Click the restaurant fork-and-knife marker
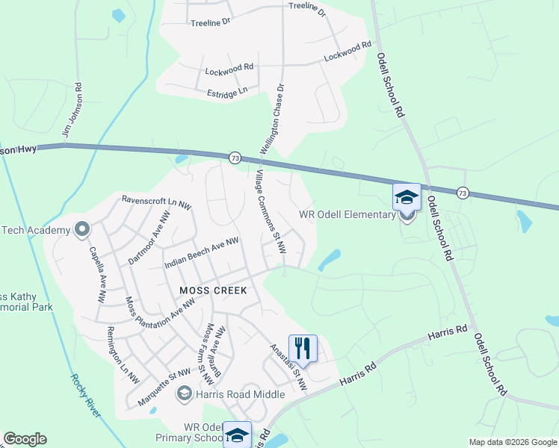303,347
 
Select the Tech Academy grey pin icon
81,228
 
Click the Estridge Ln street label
227,93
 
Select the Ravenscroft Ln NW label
157,201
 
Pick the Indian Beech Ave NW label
202,252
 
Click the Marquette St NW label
164,390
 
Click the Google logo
25,439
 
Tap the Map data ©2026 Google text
513,442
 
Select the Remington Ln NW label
123,355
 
